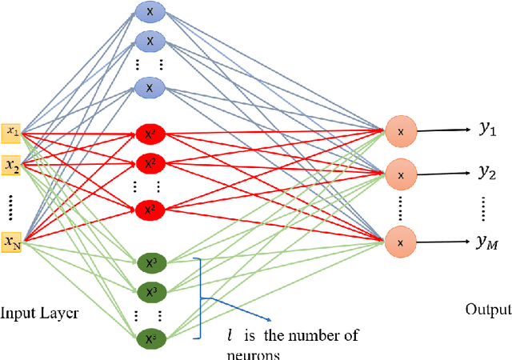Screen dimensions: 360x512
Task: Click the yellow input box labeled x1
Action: pyautogui.click(x=12, y=131)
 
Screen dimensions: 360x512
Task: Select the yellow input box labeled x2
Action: pyautogui.click(x=12, y=166)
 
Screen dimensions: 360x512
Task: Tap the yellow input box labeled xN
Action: pyautogui.click(x=12, y=241)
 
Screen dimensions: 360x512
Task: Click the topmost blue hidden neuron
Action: pyautogui.click(x=149, y=11)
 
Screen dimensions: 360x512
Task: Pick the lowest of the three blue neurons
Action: pyautogui.click(x=149, y=86)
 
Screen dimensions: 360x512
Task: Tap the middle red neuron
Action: pyautogui.click(x=149, y=164)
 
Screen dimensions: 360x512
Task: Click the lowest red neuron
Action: pyautogui.click(x=149, y=209)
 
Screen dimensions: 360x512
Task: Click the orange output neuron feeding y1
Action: pyautogui.click(x=401, y=130)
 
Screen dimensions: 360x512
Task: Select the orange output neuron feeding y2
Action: pyautogui.click(x=401, y=173)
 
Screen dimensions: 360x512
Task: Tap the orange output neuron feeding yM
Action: pyautogui.click(x=401, y=242)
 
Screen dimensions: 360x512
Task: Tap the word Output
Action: pyautogui.click(x=488, y=310)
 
